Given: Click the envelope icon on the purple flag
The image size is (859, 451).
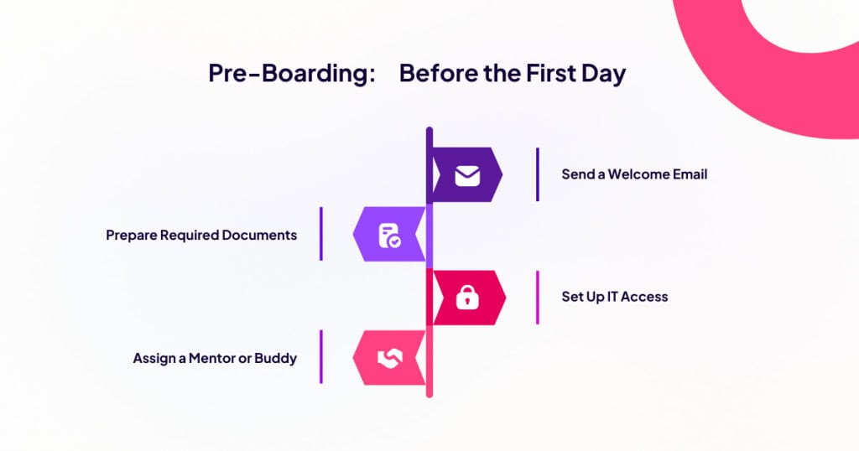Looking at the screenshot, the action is click(467, 175).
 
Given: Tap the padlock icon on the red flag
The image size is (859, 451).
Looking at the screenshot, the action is click(467, 298).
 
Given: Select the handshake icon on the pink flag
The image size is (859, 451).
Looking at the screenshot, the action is click(389, 359).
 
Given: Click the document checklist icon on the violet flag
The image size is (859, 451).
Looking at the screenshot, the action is click(389, 236).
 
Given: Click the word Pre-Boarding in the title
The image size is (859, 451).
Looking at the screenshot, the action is click(291, 73).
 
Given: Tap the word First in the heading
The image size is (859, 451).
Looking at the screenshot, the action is click(551, 73).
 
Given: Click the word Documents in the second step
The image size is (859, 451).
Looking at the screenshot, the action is click(260, 235).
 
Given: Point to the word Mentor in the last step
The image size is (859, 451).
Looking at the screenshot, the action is click(212, 358).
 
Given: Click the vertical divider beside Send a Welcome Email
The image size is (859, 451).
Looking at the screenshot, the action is click(538, 174).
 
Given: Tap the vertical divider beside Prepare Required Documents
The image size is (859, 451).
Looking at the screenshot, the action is click(321, 234).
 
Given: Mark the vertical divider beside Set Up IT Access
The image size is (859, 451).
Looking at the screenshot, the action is click(538, 298).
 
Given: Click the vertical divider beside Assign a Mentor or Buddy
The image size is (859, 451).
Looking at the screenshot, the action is click(321, 357).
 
